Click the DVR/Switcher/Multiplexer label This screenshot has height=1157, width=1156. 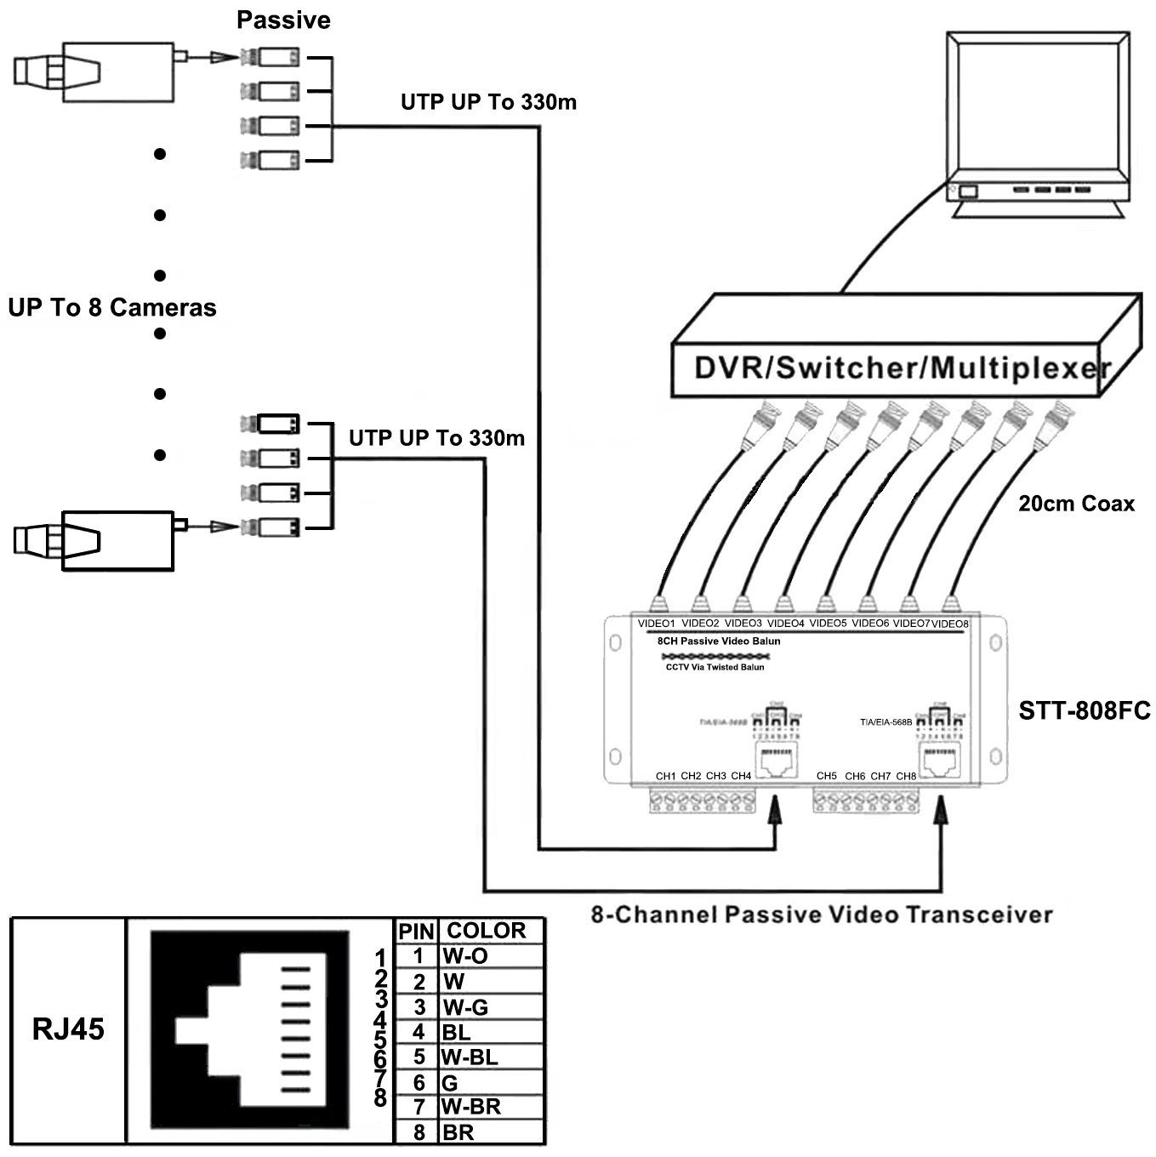(902, 368)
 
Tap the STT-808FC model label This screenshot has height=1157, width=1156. (1084, 710)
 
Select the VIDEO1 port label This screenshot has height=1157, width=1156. (656, 624)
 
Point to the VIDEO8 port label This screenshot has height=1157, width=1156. (950, 624)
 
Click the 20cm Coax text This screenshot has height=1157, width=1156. (1076, 504)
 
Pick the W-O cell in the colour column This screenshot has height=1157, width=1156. (465, 956)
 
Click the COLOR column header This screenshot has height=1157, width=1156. (487, 931)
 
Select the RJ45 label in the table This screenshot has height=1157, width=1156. (68, 1029)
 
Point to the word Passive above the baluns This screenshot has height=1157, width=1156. (283, 20)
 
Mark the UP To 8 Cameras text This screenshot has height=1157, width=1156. (112, 307)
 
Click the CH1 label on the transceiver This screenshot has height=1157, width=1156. (665, 776)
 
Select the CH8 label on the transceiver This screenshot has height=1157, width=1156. (906, 776)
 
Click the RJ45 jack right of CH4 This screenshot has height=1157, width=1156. (775, 760)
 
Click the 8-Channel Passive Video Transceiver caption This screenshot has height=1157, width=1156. (822, 915)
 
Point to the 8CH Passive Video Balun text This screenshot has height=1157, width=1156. (719, 641)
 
